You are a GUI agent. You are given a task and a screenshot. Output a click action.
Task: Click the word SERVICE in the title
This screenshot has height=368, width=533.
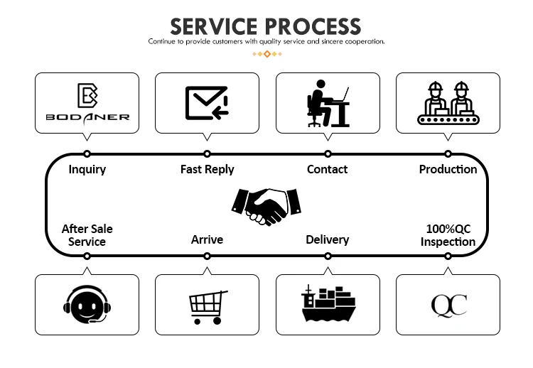(x=213, y=26)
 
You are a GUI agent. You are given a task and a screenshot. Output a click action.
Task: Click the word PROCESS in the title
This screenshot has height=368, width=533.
(x=313, y=26)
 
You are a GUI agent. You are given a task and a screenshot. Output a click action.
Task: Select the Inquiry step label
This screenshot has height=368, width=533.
(x=87, y=169)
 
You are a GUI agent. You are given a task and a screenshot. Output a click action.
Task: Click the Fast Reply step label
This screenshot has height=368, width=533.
(x=207, y=169)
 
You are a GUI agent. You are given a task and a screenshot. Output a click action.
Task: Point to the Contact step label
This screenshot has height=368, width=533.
(x=327, y=169)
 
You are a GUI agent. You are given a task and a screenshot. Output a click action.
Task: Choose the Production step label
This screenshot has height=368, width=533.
(x=448, y=169)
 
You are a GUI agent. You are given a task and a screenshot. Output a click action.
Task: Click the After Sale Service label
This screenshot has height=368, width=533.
(x=87, y=235)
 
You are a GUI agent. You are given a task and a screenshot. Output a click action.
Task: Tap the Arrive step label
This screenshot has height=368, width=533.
(x=207, y=239)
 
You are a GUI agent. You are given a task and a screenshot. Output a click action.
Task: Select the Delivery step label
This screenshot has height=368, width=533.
(x=327, y=239)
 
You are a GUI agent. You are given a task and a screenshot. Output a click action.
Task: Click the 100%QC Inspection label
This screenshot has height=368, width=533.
(x=448, y=235)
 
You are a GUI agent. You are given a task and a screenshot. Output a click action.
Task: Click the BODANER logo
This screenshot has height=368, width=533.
(x=87, y=103)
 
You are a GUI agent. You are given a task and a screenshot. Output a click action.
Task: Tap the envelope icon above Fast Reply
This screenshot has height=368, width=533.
(x=207, y=102)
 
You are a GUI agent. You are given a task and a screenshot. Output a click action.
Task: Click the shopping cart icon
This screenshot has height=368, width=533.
(x=208, y=306)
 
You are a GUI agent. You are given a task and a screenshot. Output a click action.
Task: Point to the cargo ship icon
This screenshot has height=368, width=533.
(x=328, y=304)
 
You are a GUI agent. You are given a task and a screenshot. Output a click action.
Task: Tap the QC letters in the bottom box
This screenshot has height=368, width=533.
(x=448, y=305)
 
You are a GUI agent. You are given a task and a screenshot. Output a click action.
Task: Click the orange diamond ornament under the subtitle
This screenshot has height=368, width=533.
(x=266, y=54)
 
